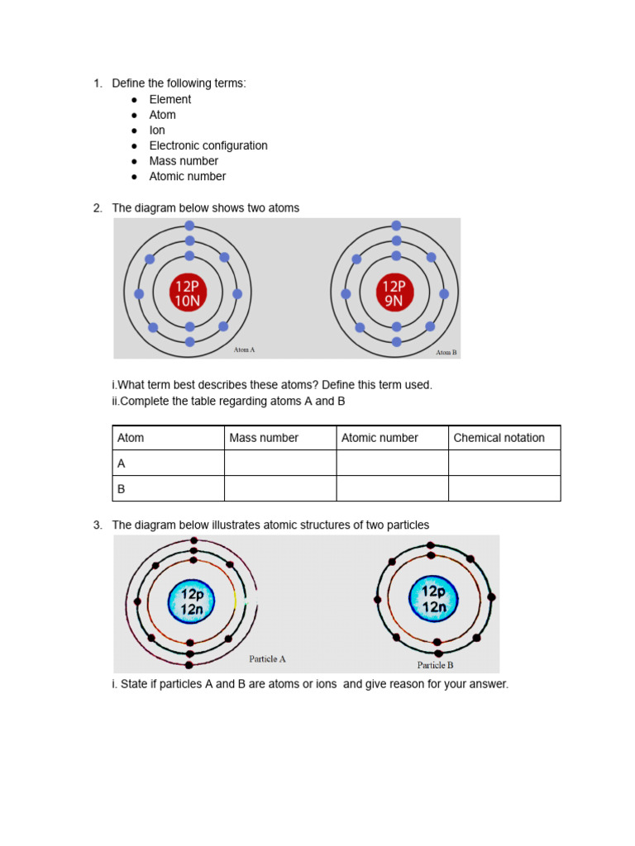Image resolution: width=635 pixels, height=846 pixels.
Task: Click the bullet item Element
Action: (x=169, y=99)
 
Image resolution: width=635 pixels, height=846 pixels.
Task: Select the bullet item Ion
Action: (x=157, y=130)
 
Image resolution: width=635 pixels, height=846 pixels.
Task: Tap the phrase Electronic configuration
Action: (x=208, y=145)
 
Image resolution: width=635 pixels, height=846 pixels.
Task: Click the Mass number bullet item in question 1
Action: (x=184, y=161)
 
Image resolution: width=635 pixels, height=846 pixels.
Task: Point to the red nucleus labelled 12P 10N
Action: (x=188, y=293)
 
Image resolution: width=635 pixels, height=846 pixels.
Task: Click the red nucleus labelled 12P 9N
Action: (x=394, y=293)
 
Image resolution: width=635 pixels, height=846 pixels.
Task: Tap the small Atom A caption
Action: (x=244, y=349)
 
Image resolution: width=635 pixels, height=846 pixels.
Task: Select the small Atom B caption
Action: (x=446, y=352)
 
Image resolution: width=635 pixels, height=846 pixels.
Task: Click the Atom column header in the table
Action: (x=131, y=438)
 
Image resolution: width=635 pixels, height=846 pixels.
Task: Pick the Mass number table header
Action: (x=264, y=438)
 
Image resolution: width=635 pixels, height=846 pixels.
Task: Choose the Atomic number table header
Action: (x=380, y=438)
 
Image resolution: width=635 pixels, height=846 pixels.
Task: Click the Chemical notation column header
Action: (x=499, y=438)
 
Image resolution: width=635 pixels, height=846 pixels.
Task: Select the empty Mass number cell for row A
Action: (x=279, y=463)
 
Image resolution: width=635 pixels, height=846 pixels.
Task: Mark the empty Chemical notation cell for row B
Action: (x=504, y=489)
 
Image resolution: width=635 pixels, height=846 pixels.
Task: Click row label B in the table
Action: (x=122, y=489)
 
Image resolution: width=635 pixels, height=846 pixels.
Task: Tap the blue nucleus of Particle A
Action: (x=191, y=601)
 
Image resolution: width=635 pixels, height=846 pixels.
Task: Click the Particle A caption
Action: (x=267, y=659)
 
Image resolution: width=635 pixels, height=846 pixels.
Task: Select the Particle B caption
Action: (x=435, y=665)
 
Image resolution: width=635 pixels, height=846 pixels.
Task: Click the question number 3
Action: (x=97, y=525)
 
